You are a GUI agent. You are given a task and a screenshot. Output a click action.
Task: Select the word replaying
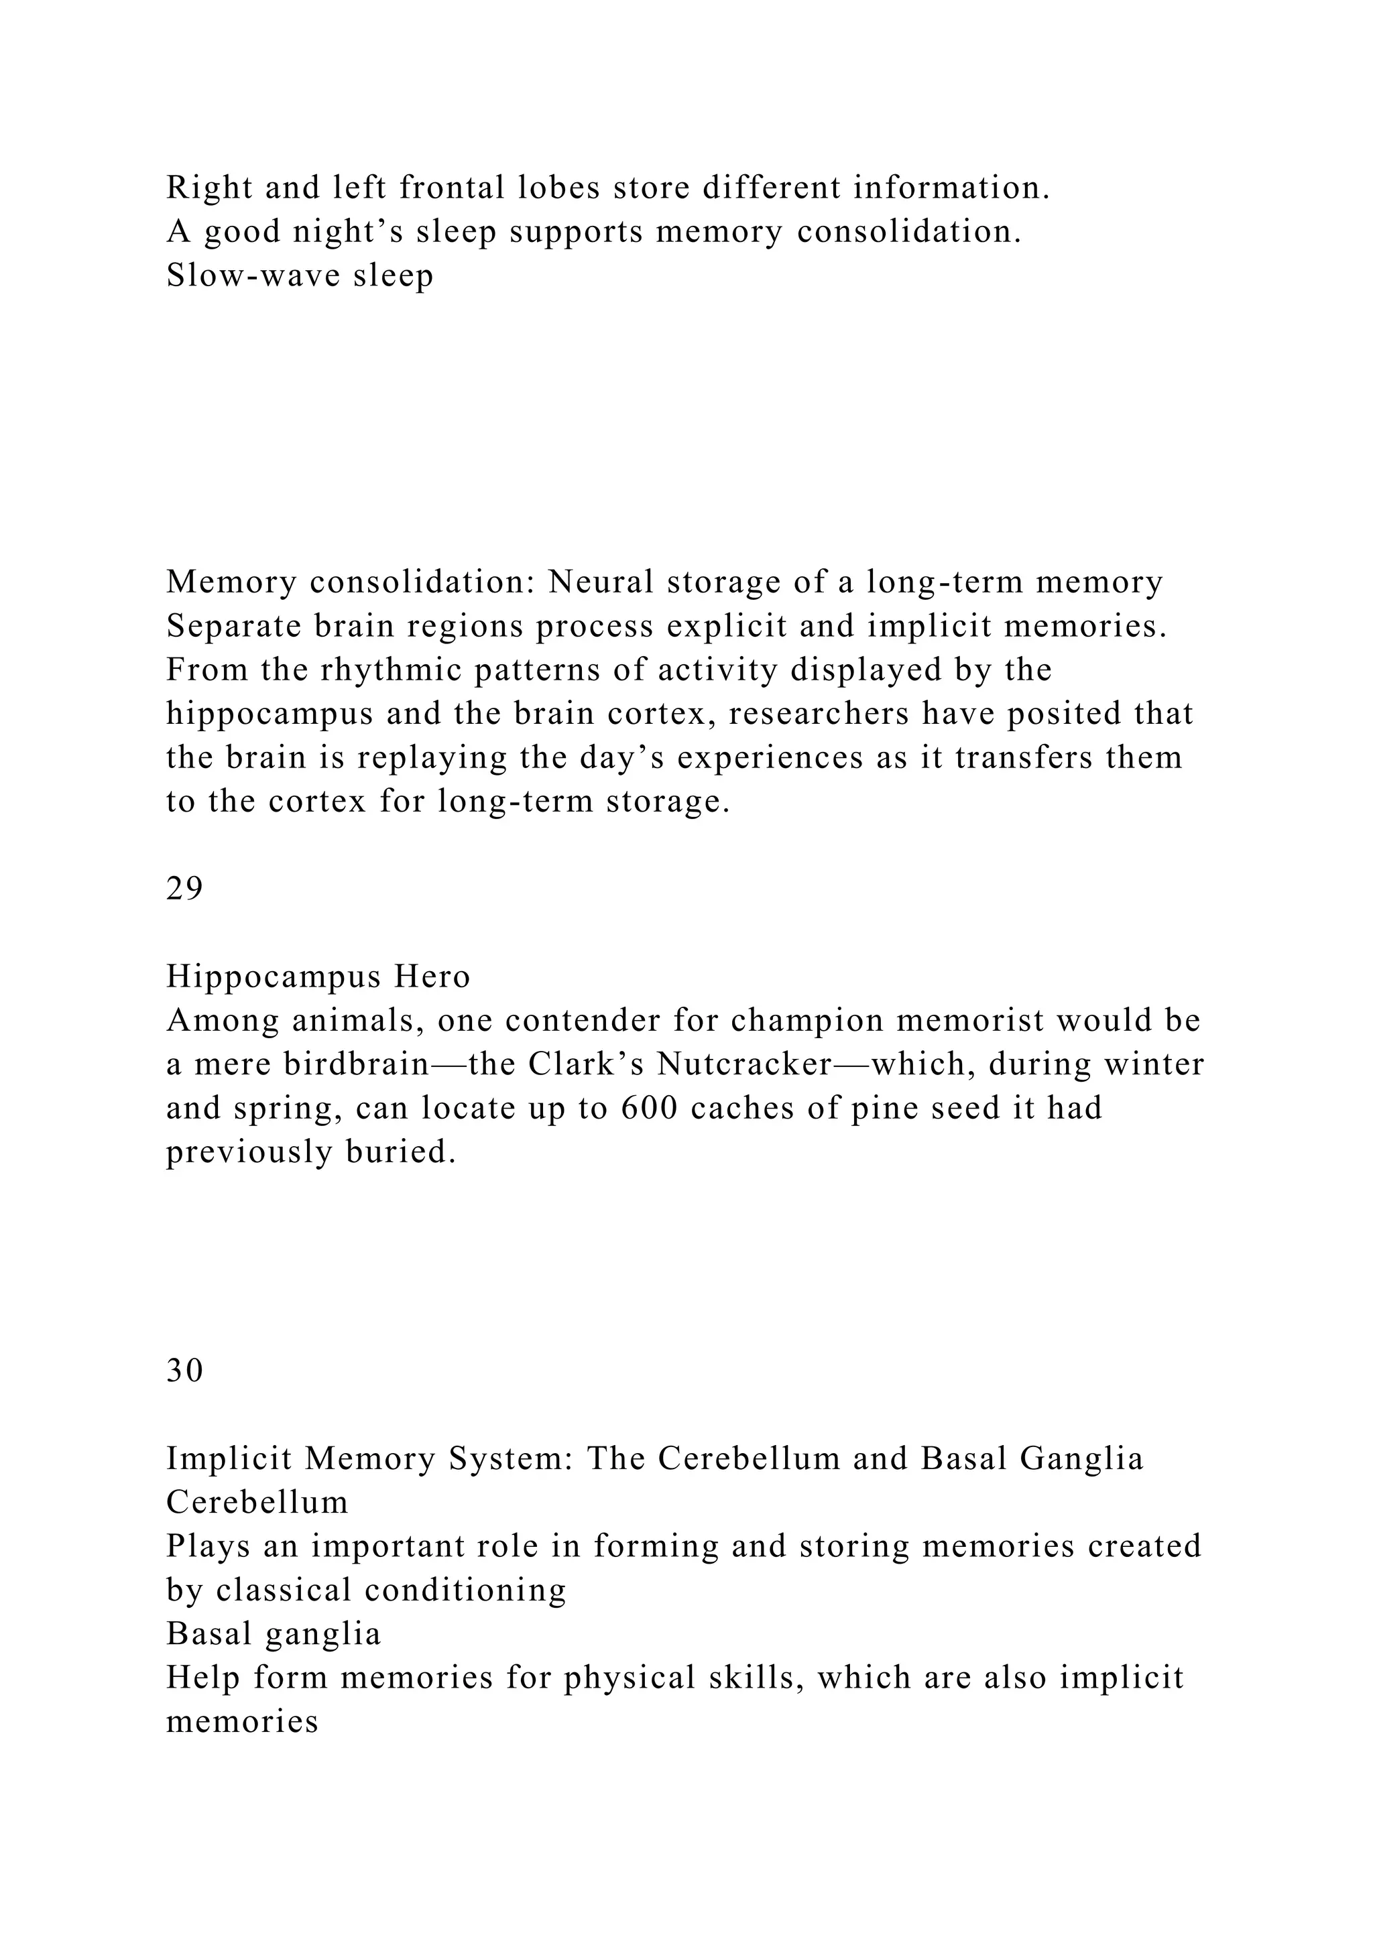coord(430,757)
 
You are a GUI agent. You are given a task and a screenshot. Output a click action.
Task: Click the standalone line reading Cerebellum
coord(257,1502)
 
